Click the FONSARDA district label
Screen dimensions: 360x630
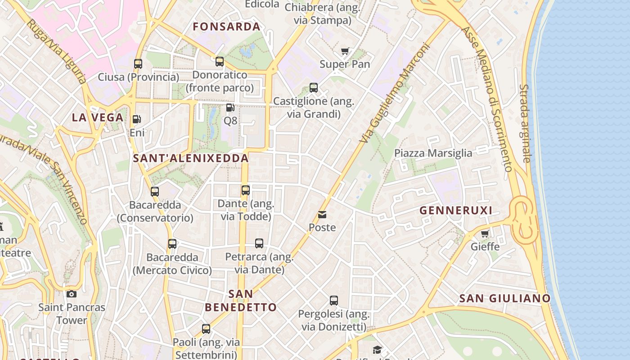click(x=227, y=27)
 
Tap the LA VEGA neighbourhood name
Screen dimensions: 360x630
click(x=98, y=117)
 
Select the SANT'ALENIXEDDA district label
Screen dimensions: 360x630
click(x=191, y=158)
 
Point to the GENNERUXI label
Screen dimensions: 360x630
click(x=456, y=210)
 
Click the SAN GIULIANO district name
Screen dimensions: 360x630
click(x=505, y=298)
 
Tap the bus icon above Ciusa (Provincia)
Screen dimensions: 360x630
click(x=138, y=63)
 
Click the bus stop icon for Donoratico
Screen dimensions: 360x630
click(x=220, y=62)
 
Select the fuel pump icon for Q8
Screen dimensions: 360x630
click(x=230, y=108)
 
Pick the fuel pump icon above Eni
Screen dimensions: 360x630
click(x=136, y=119)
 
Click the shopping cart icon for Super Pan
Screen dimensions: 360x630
click(x=345, y=51)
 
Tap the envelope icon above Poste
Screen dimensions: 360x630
click(x=322, y=215)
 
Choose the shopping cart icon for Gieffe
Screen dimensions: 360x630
click(x=485, y=234)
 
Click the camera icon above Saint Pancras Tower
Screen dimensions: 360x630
click(x=72, y=294)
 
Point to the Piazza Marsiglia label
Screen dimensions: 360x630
click(x=433, y=153)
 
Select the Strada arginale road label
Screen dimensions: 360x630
click(x=525, y=123)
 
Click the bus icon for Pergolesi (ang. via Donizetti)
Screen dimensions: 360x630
click(x=334, y=300)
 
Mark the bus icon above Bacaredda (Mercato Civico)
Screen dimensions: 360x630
click(x=172, y=244)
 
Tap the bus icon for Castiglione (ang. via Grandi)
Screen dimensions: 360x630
click(x=314, y=88)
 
